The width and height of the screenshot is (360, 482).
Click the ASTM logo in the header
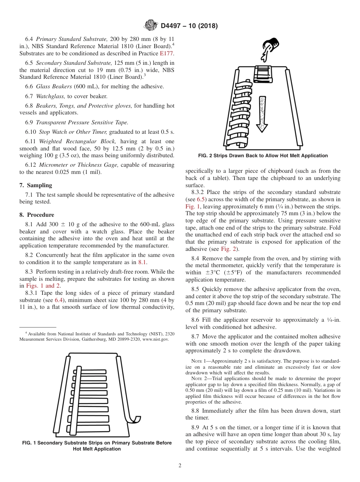point(151,26)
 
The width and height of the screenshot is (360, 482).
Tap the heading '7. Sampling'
point(36,185)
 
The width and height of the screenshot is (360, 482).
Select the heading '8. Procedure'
point(36,214)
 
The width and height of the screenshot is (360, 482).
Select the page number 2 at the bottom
point(180,466)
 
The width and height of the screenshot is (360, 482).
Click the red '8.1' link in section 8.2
point(142,262)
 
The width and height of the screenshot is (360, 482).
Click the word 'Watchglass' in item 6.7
point(50,96)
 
